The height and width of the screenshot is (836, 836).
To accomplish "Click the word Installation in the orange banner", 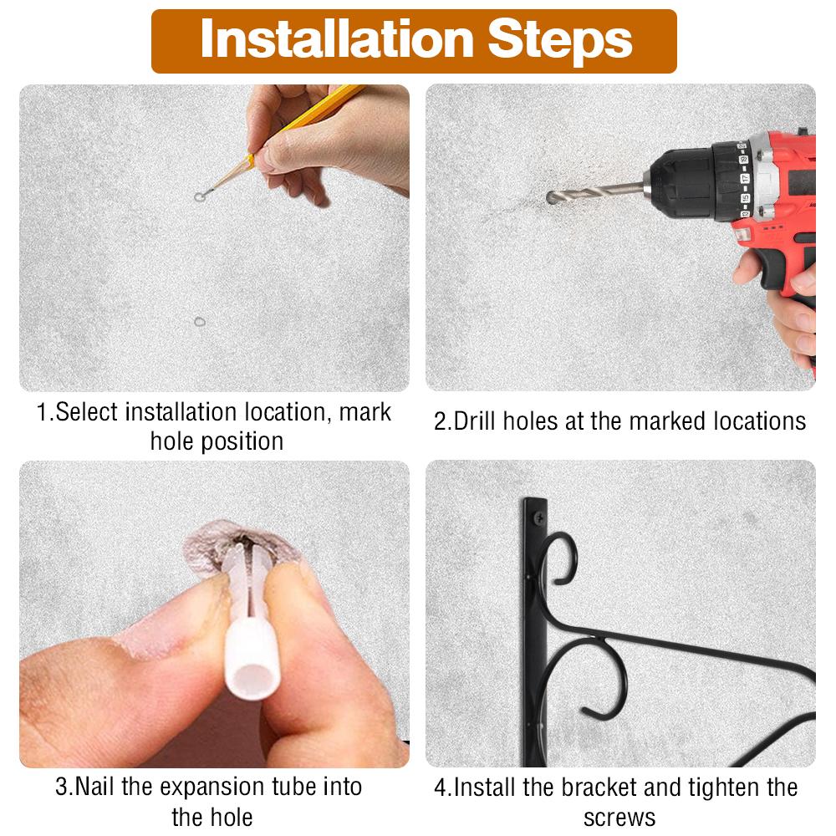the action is (337, 39).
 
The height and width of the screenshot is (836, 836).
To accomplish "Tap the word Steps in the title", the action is (560, 40).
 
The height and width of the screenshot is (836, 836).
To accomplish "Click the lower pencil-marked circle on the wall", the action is (200, 322).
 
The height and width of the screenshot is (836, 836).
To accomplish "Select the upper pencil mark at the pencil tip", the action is (200, 197).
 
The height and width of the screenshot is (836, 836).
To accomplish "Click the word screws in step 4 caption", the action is (619, 818).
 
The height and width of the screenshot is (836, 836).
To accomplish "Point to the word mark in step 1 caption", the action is (364, 412).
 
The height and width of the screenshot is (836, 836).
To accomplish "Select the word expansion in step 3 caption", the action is (212, 787).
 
